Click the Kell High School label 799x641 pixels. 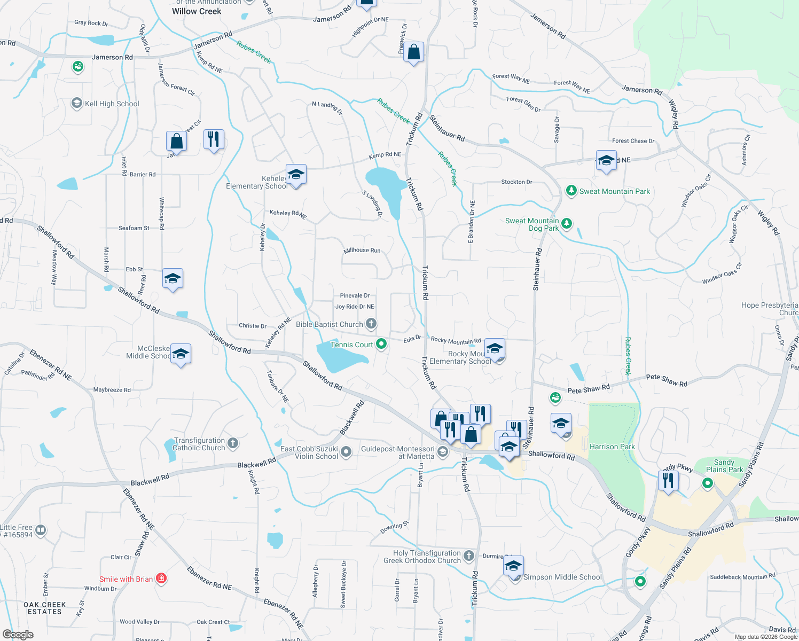pos(112,104)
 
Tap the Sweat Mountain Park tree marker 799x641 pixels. pos(571,191)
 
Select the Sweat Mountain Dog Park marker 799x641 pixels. pos(567,224)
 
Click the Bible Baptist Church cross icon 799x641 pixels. pos(371,324)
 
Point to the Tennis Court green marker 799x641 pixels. pos(381,344)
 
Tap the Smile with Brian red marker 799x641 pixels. pos(161,579)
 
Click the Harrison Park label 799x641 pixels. pos(612,447)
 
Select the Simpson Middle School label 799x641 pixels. pos(562,577)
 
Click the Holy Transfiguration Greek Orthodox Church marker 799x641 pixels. pos(468,556)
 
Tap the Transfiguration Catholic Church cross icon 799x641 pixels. pos(233,443)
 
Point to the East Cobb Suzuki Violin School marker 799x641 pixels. pos(346,452)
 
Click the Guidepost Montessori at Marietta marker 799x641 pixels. pos(442,452)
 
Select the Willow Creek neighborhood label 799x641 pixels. pos(197,11)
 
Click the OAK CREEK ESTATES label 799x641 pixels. pos(45,608)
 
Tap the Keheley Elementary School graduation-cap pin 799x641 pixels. pos(296,174)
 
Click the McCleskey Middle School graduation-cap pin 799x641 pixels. pos(181,354)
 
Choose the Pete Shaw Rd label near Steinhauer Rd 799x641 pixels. pos(588,389)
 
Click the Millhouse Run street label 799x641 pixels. pos(362,250)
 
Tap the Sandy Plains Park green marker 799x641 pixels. pos(708,483)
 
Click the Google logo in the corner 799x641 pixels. pos(18,635)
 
